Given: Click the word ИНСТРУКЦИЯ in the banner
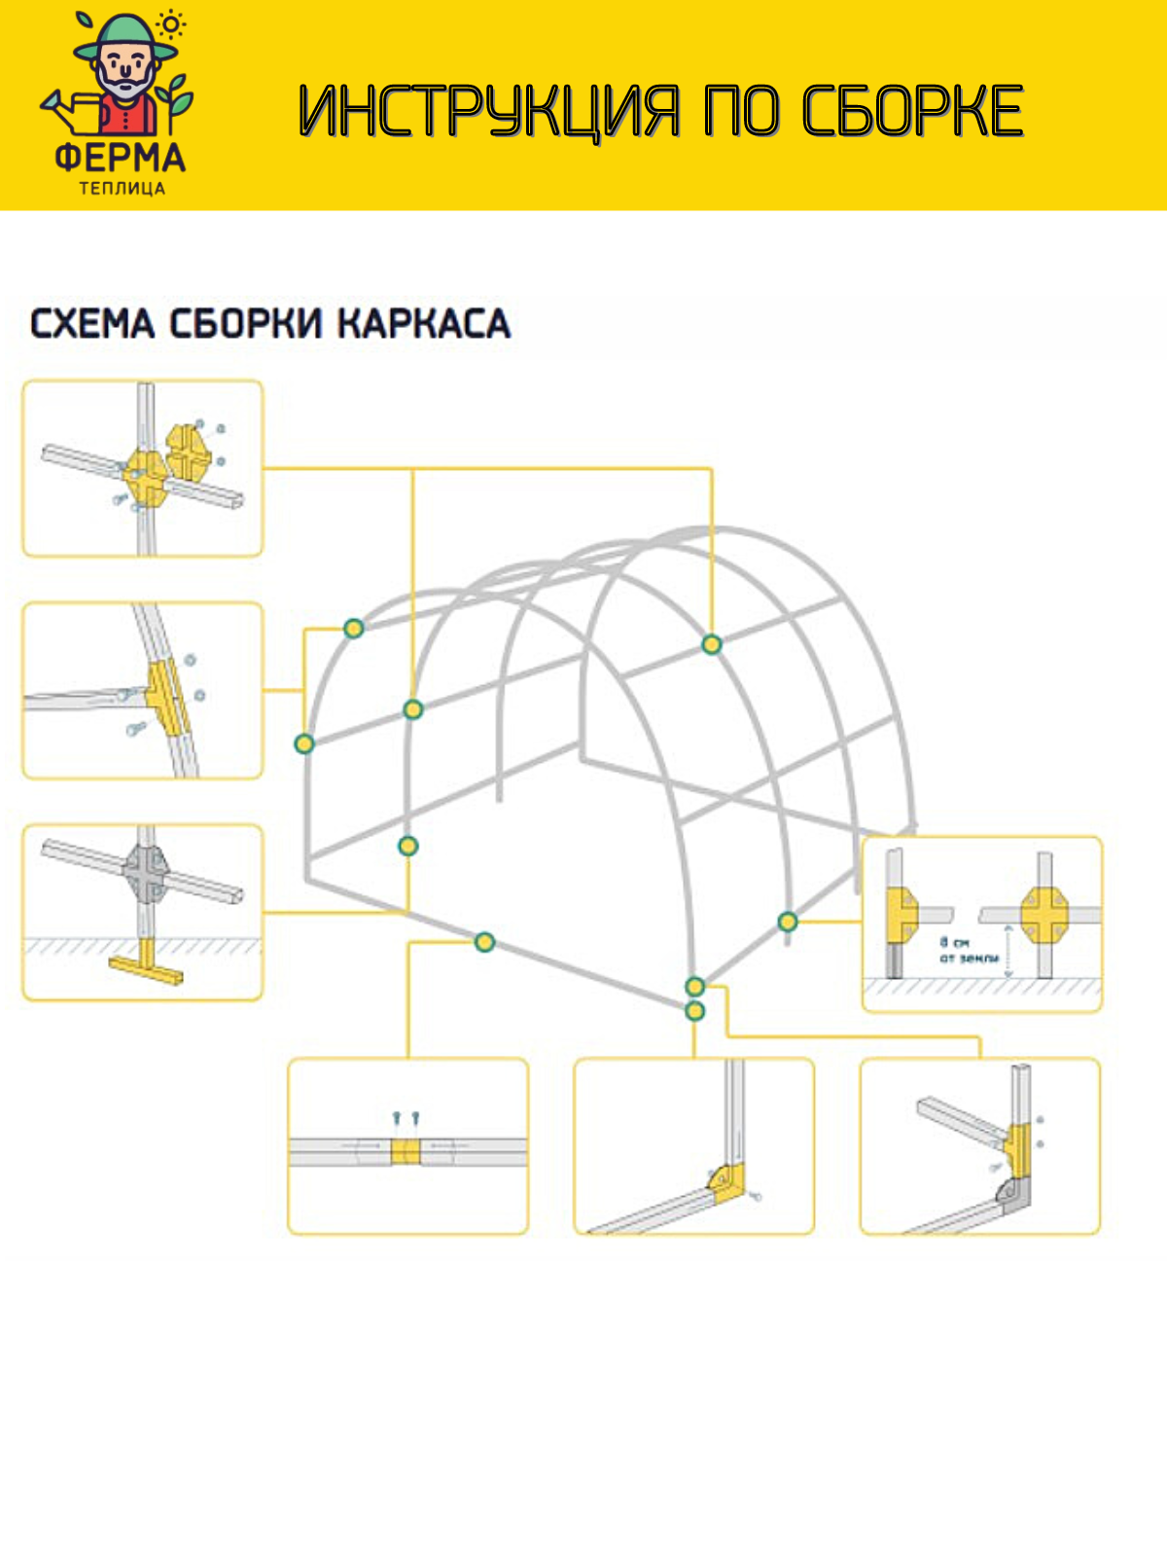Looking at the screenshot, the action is click(x=486, y=111).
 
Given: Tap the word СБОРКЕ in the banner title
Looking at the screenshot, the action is click(x=912, y=111).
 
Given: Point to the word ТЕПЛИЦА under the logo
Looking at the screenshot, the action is click(x=122, y=188).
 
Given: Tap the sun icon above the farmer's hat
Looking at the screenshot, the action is click(x=172, y=24).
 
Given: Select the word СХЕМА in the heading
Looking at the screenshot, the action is click(x=92, y=324).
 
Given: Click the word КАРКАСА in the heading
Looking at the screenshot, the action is click(x=424, y=324).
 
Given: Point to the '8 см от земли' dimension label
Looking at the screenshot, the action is click(x=969, y=950).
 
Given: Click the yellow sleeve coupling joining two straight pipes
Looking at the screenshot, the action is click(x=407, y=1152).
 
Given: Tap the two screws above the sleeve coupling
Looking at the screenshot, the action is click(x=406, y=1119).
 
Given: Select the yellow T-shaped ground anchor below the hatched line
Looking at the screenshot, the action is click(x=145, y=963).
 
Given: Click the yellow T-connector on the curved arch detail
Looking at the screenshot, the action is click(x=165, y=696).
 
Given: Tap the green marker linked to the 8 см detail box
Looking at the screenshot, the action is click(x=788, y=921).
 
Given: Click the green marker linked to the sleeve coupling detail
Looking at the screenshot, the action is click(x=484, y=941).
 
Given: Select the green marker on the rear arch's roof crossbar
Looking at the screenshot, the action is click(x=712, y=644).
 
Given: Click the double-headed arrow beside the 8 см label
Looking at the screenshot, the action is click(x=1008, y=951).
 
